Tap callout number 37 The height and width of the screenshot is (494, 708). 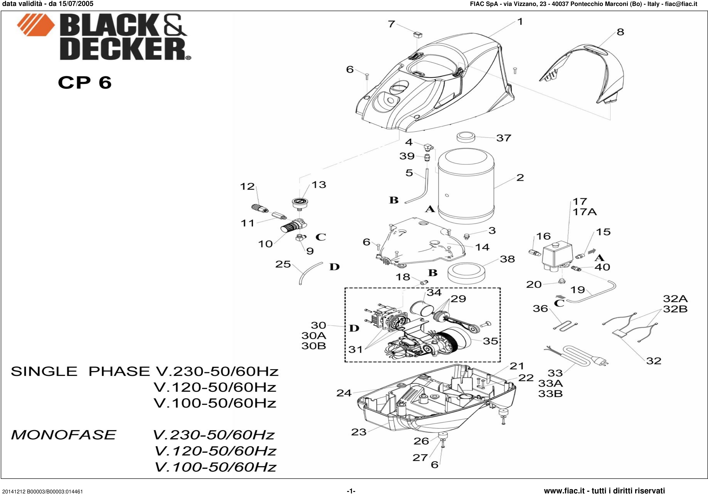tap(503, 138)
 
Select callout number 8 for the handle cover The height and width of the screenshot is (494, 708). tap(620, 32)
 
